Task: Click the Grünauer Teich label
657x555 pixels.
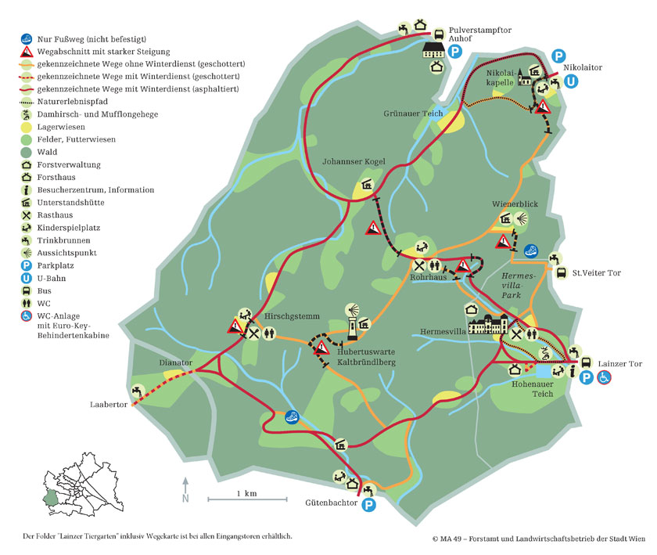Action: [x=414, y=114]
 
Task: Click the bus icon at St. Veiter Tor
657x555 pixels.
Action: [x=561, y=273]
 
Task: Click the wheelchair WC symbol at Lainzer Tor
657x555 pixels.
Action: [x=604, y=377]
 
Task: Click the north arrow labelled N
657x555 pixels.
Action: [x=185, y=488]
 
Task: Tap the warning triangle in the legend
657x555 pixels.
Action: [x=27, y=52]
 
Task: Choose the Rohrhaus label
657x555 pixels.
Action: [x=428, y=278]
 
